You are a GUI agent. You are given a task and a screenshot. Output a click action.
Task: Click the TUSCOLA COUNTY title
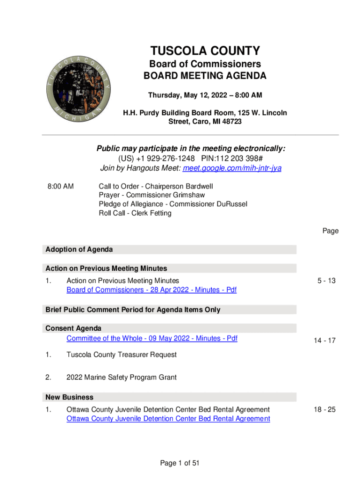[x=205, y=51]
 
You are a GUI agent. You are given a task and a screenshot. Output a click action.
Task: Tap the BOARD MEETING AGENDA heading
[x=205, y=76]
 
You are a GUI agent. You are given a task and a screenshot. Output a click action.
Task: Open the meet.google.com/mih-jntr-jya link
[x=232, y=168]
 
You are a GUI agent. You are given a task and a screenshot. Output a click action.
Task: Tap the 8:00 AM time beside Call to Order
[x=60, y=186]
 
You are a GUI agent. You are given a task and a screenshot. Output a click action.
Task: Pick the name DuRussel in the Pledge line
[x=227, y=204]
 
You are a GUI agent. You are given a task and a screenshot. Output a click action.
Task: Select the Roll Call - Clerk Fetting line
[x=135, y=213]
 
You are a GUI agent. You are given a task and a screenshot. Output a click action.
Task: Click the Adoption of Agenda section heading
[x=79, y=249]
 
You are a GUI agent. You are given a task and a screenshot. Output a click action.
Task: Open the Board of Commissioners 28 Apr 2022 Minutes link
[x=151, y=290]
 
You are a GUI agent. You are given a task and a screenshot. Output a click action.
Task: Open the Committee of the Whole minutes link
[x=152, y=338]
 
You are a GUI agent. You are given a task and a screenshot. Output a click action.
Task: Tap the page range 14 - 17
[x=325, y=341]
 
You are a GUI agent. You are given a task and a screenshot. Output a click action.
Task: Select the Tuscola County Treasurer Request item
[x=122, y=355]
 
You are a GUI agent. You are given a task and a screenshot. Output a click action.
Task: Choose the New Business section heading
[x=69, y=397]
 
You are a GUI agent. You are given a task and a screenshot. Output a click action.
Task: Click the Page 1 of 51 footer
[x=180, y=463]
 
